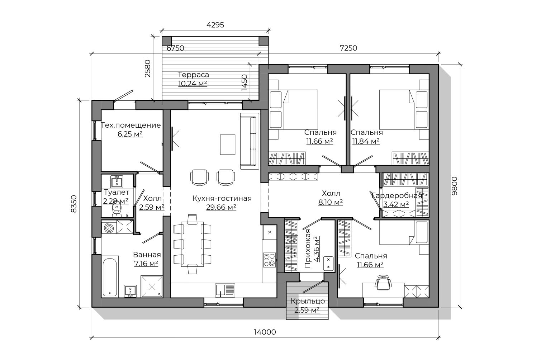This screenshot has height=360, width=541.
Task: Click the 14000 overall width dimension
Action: coord(265,332)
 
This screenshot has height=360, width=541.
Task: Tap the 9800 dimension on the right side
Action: coord(454,186)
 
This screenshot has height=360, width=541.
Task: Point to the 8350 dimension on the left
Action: coord(74,204)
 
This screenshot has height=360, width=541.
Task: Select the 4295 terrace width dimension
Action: coord(215,25)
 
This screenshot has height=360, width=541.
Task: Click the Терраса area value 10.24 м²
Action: coord(193,84)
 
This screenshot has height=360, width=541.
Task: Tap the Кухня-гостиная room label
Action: coord(222,198)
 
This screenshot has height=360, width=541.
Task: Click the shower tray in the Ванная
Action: coord(152,286)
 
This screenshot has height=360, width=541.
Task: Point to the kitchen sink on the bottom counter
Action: coord(225,290)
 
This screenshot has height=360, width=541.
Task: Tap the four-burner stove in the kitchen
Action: coord(270,260)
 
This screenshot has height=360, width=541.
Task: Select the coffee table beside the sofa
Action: coord(228,145)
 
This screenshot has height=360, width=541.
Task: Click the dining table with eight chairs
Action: coord(192,244)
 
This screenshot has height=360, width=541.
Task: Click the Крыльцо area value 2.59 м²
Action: coord(307,310)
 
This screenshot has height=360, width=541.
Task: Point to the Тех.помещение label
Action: coord(130,125)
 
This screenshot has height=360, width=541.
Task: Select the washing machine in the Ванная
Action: coord(109,227)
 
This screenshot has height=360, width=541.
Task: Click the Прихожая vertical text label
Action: coord(308,248)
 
